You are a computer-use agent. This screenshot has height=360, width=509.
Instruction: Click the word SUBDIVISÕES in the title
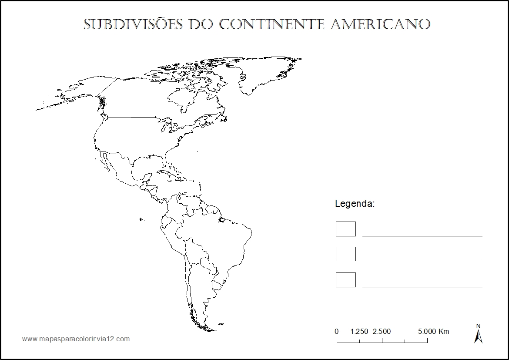click(x=133, y=24)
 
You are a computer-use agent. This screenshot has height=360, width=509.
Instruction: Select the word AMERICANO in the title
click(x=380, y=24)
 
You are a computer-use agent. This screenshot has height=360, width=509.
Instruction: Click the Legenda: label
click(x=355, y=204)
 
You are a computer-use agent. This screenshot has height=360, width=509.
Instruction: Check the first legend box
click(x=345, y=229)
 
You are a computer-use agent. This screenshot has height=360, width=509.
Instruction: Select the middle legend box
click(x=345, y=254)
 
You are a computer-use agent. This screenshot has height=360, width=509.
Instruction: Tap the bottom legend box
click(x=345, y=280)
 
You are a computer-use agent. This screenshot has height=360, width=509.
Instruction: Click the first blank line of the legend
click(x=422, y=236)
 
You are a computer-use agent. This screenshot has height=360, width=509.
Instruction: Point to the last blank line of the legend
click(x=422, y=287)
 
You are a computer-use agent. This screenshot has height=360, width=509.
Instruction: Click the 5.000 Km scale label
click(x=433, y=332)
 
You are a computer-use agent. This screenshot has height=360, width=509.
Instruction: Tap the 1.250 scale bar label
click(x=359, y=332)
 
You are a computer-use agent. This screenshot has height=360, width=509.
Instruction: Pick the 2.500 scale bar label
click(x=382, y=332)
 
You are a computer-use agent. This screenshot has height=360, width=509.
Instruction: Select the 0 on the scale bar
click(x=337, y=332)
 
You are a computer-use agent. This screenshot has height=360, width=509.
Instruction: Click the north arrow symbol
click(x=478, y=335)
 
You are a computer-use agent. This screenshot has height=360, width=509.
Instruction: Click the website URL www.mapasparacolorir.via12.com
click(x=76, y=339)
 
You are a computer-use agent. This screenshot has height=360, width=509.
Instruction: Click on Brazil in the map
click(x=218, y=244)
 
